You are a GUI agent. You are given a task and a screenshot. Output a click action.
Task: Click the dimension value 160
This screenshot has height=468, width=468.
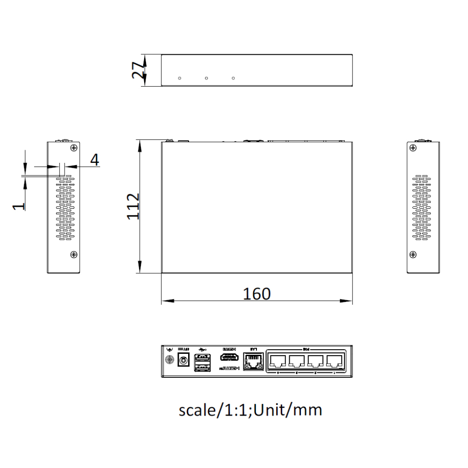point(256,294)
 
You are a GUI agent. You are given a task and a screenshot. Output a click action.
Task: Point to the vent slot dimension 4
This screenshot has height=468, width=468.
point(95,160)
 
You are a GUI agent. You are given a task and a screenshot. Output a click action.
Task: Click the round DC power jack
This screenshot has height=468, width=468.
point(184,361)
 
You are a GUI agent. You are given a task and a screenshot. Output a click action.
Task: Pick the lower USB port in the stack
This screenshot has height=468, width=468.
point(202,367)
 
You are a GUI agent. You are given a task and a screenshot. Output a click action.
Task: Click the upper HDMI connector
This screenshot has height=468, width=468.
point(229,358)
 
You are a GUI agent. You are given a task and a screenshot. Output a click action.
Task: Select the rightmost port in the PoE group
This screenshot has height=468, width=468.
point(334,361)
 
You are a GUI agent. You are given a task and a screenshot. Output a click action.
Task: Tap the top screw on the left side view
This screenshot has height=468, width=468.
point(73,148)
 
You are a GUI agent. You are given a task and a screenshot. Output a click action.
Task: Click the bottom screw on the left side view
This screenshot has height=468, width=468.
point(73,255)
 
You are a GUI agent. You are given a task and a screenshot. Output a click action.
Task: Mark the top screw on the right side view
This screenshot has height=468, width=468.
point(412,148)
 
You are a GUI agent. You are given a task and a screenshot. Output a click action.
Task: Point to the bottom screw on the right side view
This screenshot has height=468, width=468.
point(412,255)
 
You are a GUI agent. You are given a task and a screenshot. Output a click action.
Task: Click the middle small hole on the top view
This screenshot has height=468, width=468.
point(206,78)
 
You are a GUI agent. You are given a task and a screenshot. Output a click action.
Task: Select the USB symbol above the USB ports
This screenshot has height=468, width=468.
point(202,349)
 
